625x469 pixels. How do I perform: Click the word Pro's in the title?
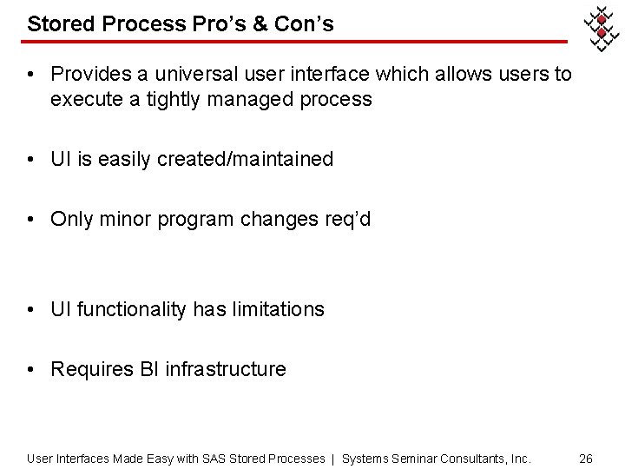click(228, 24)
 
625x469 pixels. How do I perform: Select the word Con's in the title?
click(304, 24)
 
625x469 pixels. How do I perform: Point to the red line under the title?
click(295, 42)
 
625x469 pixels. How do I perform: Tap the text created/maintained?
click(245, 159)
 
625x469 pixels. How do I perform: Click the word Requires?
click(92, 369)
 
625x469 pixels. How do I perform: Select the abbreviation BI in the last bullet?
click(149, 369)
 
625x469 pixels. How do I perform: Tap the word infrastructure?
click(226, 369)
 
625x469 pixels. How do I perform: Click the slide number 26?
click(585, 458)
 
